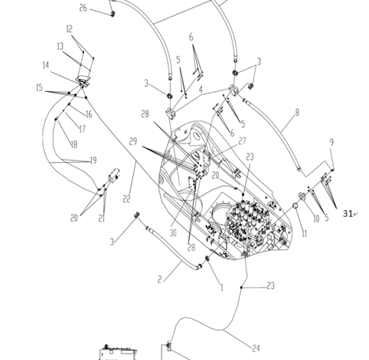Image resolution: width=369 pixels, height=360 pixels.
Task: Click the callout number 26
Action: [x=83, y=8]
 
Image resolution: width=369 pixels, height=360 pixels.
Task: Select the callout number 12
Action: [x=69, y=28]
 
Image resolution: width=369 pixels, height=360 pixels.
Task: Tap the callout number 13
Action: [x=60, y=46]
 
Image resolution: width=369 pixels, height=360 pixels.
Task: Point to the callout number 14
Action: [x=46, y=65]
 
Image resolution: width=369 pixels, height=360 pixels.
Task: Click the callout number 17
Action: [x=83, y=129]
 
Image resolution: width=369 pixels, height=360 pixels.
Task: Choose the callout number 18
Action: [x=74, y=144]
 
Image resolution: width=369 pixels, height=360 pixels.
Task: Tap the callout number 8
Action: [x=297, y=112]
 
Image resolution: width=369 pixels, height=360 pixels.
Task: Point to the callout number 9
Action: [x=332, y=142]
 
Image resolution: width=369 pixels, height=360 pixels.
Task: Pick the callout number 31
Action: [x=347, y=214]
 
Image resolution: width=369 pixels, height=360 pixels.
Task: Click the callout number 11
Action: [x=304, y=233]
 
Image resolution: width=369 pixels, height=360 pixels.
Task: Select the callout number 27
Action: [x=242, y=141]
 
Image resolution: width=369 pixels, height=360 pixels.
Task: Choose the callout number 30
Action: [x=172, y=233]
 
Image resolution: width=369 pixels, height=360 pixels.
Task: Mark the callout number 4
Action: [x=200, y=90]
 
